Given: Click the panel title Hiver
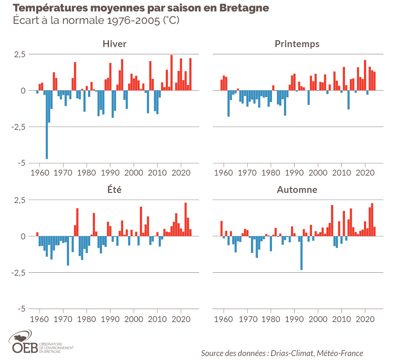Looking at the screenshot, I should click(114, 44).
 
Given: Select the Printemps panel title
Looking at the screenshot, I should click(297, 44).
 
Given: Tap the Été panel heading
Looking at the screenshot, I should click(114, 190).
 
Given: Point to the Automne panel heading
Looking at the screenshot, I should click(297, 190).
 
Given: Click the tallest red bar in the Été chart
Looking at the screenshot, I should click(186, 219).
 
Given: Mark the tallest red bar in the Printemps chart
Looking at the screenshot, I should click(365, 75).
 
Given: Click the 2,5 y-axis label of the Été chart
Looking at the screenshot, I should click(19, 200).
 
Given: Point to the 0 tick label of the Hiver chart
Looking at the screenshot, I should click(23, 91).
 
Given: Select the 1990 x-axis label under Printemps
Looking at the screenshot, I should click(294, 173).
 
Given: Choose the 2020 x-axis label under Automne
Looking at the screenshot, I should click(365, 319).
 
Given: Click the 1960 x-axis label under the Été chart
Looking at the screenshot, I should click(39, 319).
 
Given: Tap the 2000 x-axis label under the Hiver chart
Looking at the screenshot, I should click(134, 173).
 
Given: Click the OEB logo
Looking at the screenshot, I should click(25, 343).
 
